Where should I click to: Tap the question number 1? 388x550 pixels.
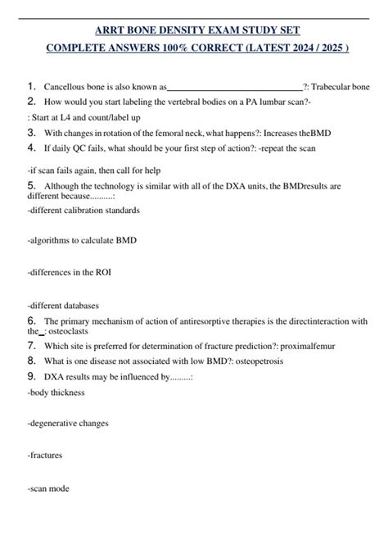tap(31, 84)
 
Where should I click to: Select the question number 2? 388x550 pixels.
tap(31, 101)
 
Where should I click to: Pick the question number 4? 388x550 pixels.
tap(31, 148)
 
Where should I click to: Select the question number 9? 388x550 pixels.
tap(31, 376)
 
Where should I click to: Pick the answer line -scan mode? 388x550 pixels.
tap(48, 489)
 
